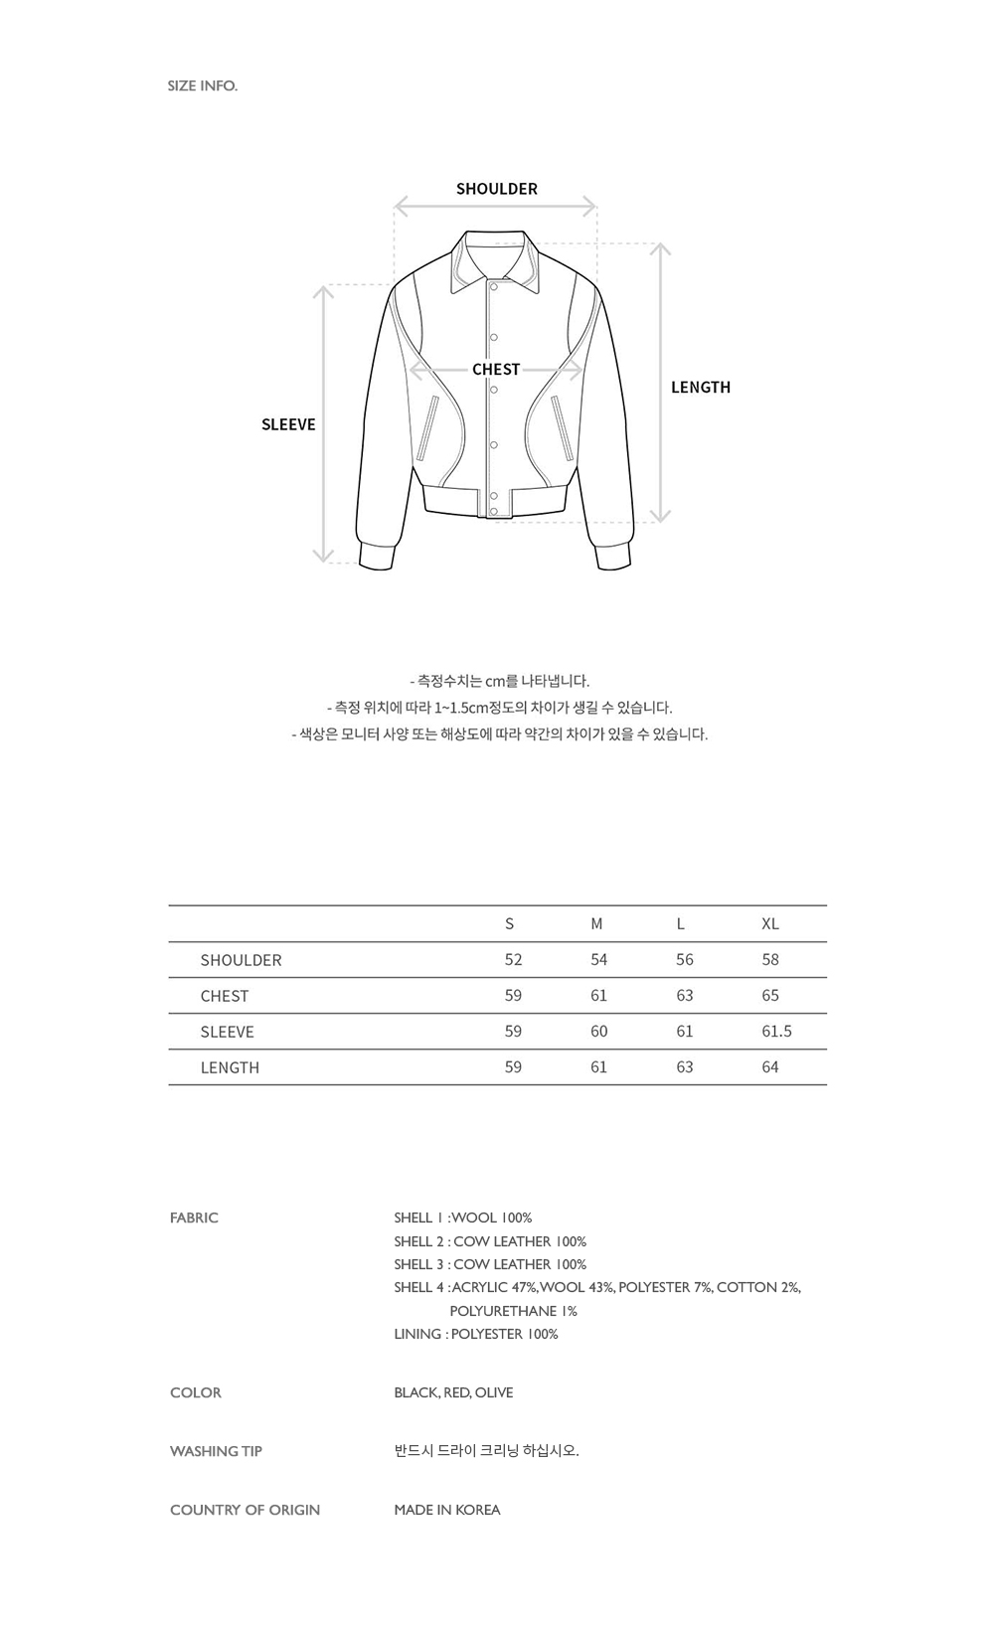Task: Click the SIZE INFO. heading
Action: [x=203, y=85]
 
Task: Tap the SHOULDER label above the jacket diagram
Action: [x=496, y=189]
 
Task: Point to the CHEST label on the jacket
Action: [x=496, y=370]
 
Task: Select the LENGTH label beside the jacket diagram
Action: [x=700, y=388]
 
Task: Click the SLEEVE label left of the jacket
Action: [x=288, y=424]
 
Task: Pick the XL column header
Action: [x=770, y=923]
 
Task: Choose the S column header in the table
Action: [x=510, y=923]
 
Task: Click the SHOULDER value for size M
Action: [x=598, y=959]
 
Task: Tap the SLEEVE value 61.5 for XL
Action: [x=776, y=1031]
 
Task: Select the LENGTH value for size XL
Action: [x=770, y=1066]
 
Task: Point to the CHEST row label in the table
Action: [x=225, y=995]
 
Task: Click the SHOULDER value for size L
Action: [x=684, y=959]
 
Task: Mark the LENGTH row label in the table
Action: [x=230, y=1066]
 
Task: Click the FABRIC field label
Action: [x=194, y=1218]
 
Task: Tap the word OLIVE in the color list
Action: [x=494, y=1392]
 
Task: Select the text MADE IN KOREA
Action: [x=446, y=1510]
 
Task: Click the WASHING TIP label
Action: [x=216, y=1451]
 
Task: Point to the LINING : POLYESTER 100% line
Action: [x=475, y=1334]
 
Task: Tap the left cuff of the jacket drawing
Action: [x=376, y=557]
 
